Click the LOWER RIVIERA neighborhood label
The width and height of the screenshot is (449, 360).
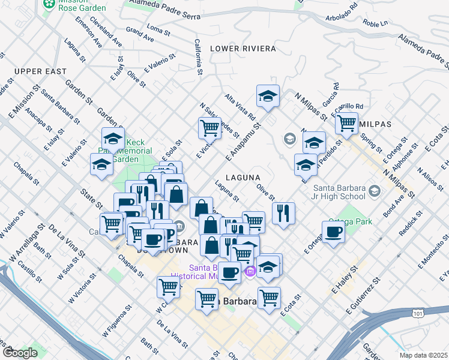[243, 48]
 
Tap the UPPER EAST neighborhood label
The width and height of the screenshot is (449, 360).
[40, 71]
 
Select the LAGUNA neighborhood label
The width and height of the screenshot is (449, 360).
[243, 178]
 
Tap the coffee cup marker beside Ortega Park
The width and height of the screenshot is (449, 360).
[333, 232]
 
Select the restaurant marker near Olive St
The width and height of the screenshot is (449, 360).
[283, 213]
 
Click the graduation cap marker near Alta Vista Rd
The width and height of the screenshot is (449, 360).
[267, 95]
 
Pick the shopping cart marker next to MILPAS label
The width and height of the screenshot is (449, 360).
[346, 123]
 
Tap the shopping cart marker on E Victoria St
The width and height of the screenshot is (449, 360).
[209, 127]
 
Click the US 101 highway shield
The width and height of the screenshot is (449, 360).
[419, 313]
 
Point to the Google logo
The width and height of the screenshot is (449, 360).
[20, 353]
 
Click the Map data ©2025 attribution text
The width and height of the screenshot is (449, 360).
[423, 355]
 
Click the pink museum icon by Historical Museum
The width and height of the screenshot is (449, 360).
[251, 271]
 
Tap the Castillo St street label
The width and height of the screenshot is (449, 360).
[28, 271]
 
